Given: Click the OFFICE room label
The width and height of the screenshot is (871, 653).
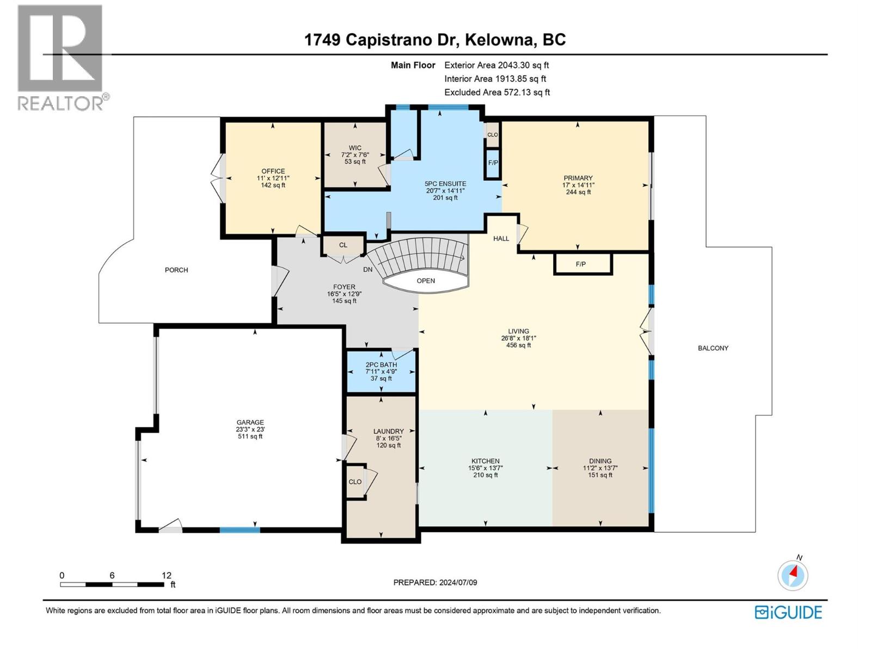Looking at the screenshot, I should coord(273,171).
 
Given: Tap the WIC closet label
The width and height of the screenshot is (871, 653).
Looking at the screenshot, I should coord(355,148).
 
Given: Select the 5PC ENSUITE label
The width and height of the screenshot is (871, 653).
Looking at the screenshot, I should coord(445,184).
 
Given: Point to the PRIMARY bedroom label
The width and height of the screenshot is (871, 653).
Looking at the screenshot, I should coord(578,178).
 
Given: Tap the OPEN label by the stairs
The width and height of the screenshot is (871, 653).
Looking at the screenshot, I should coord(426,281).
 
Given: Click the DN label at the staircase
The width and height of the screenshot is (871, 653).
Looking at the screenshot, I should coord(368,269).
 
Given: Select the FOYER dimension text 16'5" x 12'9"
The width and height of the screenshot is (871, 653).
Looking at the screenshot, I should coord(344,294).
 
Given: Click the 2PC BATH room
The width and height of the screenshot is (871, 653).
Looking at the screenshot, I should coord(381,371).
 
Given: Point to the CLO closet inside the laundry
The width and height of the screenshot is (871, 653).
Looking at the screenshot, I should coord(355,482).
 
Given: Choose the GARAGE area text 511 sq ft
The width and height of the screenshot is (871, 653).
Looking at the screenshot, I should coord(250,436).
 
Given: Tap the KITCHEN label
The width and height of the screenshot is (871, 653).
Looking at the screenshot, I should coord(485,461).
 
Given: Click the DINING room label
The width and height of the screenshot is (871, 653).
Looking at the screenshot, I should coord(600,461).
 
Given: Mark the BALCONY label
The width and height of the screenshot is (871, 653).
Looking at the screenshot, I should coord(713,348).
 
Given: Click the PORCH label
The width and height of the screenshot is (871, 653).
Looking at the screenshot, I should coord(176,270).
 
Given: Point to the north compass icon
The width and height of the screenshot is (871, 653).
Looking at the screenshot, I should coord(793,575).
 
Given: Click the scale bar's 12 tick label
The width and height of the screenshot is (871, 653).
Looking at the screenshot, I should coord(167,575).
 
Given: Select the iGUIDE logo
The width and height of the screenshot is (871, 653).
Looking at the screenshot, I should coord(788,612).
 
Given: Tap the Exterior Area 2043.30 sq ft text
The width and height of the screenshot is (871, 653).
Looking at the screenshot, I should coord(496,65).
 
